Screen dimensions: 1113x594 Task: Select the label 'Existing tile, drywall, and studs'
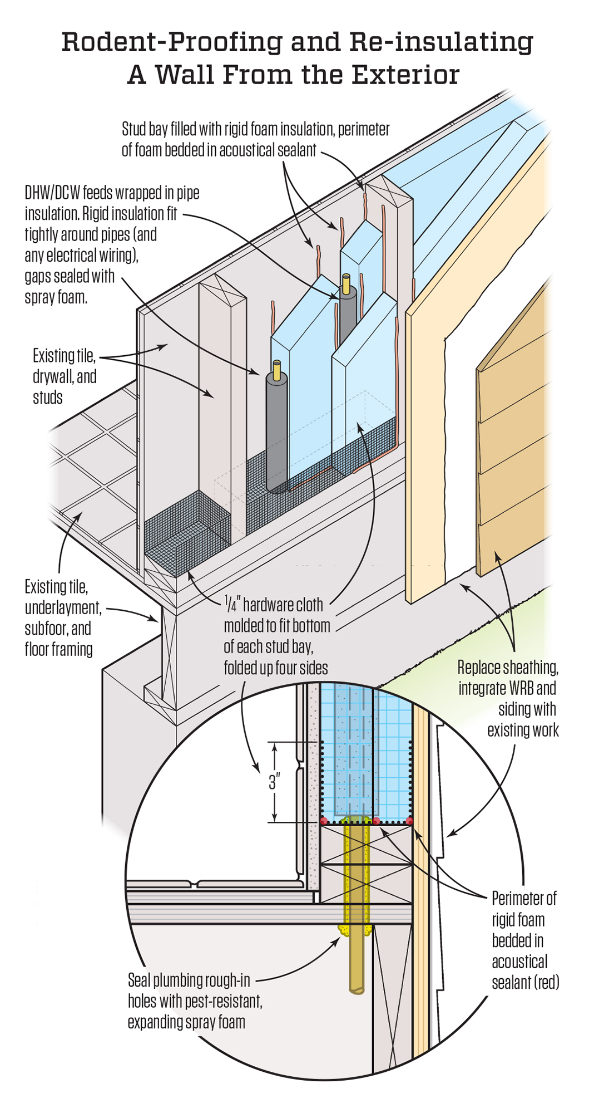[x=64, y=376]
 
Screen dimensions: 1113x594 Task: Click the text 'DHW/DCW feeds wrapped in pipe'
[x=112, y=193]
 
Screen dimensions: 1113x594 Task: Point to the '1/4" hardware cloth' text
[x=274, y=605]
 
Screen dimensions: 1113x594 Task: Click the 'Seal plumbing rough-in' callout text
[x=189, y=980]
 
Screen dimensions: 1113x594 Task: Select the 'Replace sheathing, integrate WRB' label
[x=507, y=678]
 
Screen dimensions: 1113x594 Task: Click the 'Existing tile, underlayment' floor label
[x=63, y=597]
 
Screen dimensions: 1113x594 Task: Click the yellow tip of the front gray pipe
[x=277, y=368]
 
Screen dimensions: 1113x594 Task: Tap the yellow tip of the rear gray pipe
[x=346, y=282]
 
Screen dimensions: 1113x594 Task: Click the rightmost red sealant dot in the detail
[x=410, y=821]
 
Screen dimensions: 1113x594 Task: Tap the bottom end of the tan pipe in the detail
[x=356, y=989]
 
